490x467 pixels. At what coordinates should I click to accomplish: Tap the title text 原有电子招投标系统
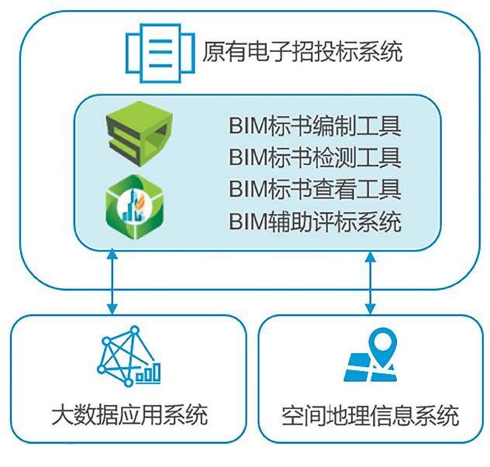[x=302, y=53]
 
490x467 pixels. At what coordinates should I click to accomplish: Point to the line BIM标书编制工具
[x=315, y=125]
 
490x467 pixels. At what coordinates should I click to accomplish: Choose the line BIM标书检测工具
[x=315, y=158]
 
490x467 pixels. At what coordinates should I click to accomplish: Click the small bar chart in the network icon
[x=148, y=373]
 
